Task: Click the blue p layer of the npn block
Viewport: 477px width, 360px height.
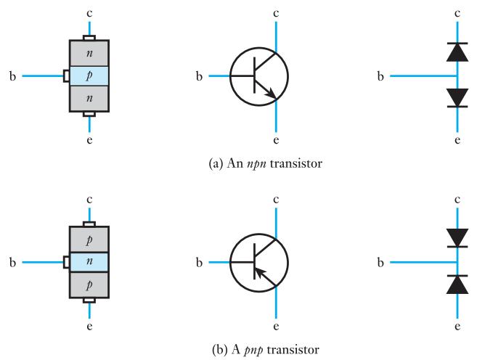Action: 89,76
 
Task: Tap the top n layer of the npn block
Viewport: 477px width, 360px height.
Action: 89,54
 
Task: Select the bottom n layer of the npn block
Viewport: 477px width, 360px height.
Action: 89,99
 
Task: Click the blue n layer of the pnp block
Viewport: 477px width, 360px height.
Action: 89,262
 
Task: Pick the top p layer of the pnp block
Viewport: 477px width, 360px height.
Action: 89,240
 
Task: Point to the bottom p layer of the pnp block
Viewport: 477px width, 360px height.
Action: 89,285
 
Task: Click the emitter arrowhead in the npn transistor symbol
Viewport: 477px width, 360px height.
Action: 271,94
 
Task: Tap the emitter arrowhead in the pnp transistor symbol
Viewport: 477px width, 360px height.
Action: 259,271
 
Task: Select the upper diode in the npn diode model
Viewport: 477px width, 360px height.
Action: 457,52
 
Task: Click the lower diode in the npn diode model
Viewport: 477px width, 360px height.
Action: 457,98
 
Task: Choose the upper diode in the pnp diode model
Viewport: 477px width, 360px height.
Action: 457,238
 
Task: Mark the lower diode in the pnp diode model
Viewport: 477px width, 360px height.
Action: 457,285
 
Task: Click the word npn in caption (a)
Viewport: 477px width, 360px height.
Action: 256,164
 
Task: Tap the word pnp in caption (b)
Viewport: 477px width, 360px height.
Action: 253,351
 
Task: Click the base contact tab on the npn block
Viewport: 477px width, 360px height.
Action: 66,76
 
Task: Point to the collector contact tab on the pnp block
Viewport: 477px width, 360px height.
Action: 89,224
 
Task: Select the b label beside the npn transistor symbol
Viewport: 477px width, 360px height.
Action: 199,76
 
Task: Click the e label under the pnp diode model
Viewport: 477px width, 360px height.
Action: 457,327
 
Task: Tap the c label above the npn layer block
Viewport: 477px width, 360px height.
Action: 89,14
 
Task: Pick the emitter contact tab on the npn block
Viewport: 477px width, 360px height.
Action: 89,115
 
